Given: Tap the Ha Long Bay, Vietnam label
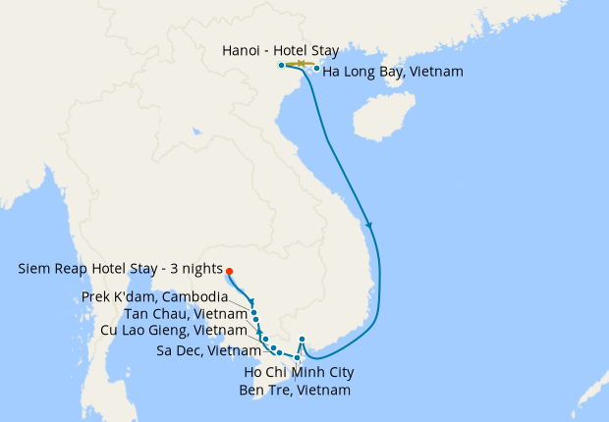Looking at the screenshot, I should click(393, 72).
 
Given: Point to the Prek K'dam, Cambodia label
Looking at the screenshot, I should click(166, 296).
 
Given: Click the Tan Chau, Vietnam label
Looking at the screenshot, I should click(186, 314).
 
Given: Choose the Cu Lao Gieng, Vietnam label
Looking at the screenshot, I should click(174, 331).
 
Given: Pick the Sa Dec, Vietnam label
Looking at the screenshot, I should click(208, 350).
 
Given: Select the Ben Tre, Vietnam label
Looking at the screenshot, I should click(295, 390).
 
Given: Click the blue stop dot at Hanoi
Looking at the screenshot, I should click(281, 65).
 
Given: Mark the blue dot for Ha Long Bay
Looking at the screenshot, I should click(316, 69).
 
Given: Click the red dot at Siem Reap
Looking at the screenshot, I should click(228, 272).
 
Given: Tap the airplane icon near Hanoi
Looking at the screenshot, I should click(302, 65).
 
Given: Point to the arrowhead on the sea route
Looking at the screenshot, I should click(368, 226).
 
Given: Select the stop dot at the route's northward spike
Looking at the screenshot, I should click(303, 340).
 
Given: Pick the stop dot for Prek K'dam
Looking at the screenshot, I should click(254, 313).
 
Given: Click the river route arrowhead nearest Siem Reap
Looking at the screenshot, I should click(251, 302).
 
